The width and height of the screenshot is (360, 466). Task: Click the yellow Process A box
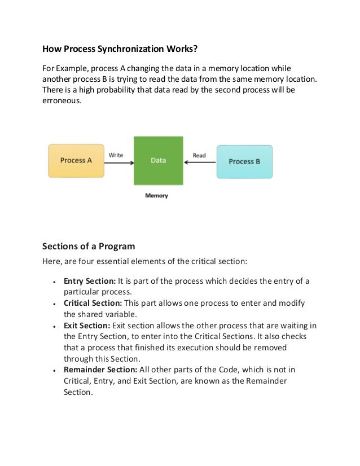(76, 161)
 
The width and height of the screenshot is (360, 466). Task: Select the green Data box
(159, 161)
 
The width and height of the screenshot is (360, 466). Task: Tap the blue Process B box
(244, 161)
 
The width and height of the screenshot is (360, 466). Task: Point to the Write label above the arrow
(116, 155)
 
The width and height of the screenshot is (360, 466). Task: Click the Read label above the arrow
(199, 155)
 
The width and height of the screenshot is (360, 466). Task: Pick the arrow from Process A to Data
(118, 163)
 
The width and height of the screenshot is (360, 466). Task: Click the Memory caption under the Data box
(156, 196)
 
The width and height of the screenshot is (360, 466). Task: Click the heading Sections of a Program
(89, 246)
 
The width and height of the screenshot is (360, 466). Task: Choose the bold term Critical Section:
(93, 303)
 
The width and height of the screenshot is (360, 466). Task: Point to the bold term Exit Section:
(87, 326)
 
